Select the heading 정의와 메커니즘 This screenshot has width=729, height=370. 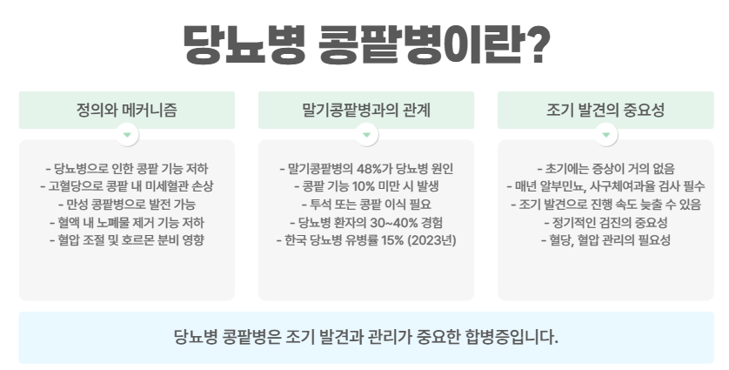tap(127, 111)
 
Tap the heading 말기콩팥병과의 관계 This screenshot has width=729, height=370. tap(365, 111)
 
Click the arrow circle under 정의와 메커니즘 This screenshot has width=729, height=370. tap(127, 136)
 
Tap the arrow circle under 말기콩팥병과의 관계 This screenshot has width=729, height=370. tap(365, 136)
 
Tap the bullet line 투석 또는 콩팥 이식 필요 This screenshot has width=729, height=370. tap(365, 205)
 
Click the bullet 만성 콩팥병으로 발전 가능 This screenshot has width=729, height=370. tap(127, 205)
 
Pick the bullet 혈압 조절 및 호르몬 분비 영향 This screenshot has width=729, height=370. tap(127, 239)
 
